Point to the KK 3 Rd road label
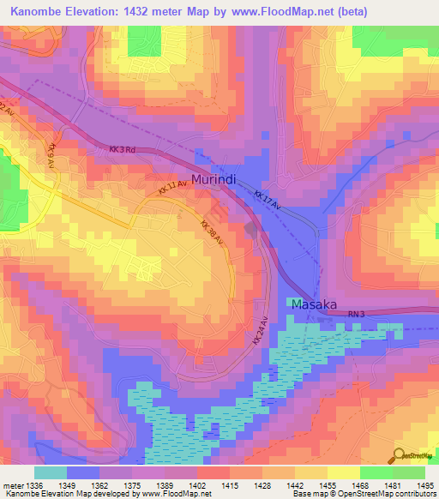(123, 150)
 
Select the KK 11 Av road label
(172, 187)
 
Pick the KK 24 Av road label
(261, 329)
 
